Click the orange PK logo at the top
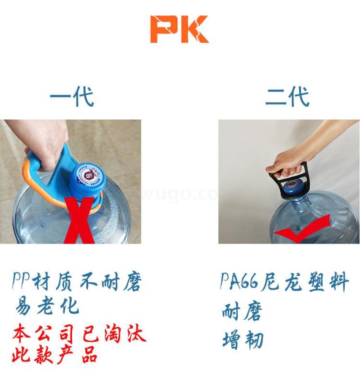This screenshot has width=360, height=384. [x=180, y=29]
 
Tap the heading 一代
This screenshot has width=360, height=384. [x=72, y=96]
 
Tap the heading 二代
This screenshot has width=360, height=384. [x=287, y=96]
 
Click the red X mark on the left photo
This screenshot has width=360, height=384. [x=79, y=221]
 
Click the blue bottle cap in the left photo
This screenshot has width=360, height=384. [x=87, y=180]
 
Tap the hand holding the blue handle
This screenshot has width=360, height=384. [x=46, y=145]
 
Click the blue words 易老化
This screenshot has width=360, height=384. [x=47, y=306]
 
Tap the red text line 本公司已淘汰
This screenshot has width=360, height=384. [x=79, y=333]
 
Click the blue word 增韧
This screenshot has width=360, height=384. [x=243, y=340]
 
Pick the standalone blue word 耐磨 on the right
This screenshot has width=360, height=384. [x=242, y=311]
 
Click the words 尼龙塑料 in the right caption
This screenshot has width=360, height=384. [x=305, y=282]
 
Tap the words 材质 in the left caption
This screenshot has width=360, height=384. [x=52, y=282]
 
